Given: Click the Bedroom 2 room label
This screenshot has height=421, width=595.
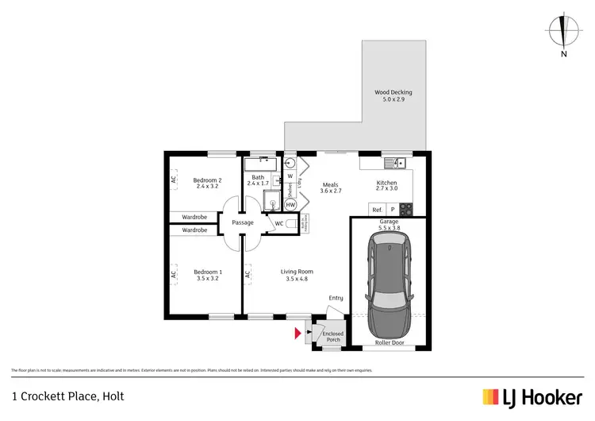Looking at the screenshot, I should pos(206,183).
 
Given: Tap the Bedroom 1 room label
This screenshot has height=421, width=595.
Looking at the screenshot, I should pos(208,276).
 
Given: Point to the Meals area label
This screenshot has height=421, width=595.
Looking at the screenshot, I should pos(330,187).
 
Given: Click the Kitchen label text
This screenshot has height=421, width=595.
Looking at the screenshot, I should pos(386,187).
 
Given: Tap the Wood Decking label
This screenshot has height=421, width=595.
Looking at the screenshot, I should pos(393,96).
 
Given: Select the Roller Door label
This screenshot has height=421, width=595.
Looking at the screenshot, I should pos(389,343).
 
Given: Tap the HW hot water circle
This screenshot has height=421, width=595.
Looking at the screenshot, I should pos(290,205).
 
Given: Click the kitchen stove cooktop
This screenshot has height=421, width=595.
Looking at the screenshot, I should pos(405,210).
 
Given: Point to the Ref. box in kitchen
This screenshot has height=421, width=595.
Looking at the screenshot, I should pos(377,210).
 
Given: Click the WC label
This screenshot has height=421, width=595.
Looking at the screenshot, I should pos(279,224).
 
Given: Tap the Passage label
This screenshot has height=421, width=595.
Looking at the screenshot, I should pos(243,222).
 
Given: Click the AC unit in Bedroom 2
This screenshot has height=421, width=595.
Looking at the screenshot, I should pos(173,180).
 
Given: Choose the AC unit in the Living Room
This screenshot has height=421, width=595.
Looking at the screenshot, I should pos(248,276).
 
